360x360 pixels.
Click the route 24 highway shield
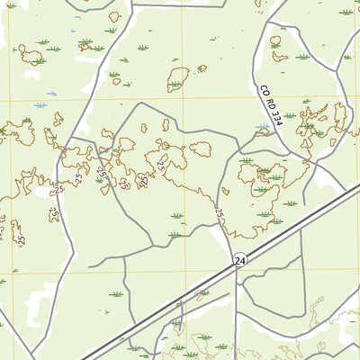coord(238,259)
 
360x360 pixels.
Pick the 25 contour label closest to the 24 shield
coord(219,213)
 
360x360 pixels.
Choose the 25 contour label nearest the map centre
coord(161,165)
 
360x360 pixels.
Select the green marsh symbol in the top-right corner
coord(346,12)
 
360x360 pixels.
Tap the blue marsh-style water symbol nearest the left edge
coord(40,105)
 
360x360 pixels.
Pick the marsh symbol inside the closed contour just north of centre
coord(175,85)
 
